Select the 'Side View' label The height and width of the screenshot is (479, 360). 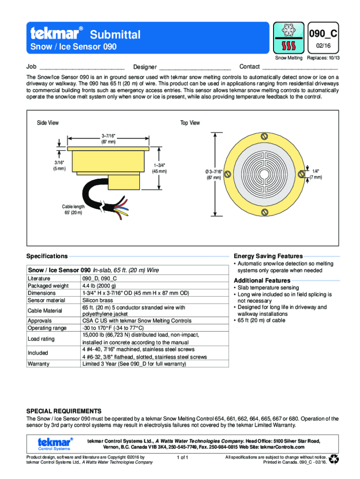(x=48, y=123)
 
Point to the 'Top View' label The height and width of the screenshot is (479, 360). (x=190, y=123)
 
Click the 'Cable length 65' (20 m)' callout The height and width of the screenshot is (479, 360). (x=74, y=210)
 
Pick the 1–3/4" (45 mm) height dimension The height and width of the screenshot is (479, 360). (x=160, y=168)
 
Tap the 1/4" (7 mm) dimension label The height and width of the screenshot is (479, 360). (x=317, y=174)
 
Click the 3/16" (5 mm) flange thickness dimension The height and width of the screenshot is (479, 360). (x=59, y=166)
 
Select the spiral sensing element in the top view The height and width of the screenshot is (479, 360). (x=265, y=174)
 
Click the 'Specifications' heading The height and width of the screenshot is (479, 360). (x=47, y=256)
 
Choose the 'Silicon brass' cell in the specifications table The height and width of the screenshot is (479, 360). (x=97, y=300)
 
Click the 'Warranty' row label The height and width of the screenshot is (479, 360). (x=39, y=363)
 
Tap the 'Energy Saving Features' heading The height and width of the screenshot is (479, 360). (x=268, y=256)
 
